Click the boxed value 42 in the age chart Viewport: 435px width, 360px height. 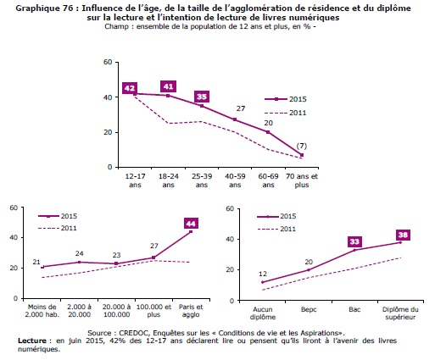tap(130, 88)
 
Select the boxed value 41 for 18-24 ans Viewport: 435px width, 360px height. tap(168, 86)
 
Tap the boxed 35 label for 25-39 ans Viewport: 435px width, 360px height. tap(202, 97)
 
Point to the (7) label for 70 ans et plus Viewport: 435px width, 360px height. tap(302, 146)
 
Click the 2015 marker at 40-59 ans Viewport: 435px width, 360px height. tap(235, 119)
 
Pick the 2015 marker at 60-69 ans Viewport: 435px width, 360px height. tap(268, 132)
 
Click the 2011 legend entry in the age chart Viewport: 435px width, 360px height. tap(286, 113)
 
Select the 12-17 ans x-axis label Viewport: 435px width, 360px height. tap(135, 180)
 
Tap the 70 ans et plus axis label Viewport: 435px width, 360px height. tap(302, 180)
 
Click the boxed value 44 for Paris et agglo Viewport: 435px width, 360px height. tap(191, 224)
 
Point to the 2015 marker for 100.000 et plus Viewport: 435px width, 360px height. tap(153, 258)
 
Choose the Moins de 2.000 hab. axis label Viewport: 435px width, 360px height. tap(42, 311)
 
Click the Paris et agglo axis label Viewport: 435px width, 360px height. tap(191, 311)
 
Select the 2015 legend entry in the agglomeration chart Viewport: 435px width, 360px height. tap(58, 216)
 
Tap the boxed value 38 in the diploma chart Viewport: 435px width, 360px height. tap(403, 235)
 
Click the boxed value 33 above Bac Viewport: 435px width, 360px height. tap(354, 241)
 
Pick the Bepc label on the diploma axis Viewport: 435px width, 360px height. tap(309, 309)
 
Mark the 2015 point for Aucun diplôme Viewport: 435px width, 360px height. tap(263, 282)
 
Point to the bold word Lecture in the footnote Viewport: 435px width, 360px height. tap(32, 341)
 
